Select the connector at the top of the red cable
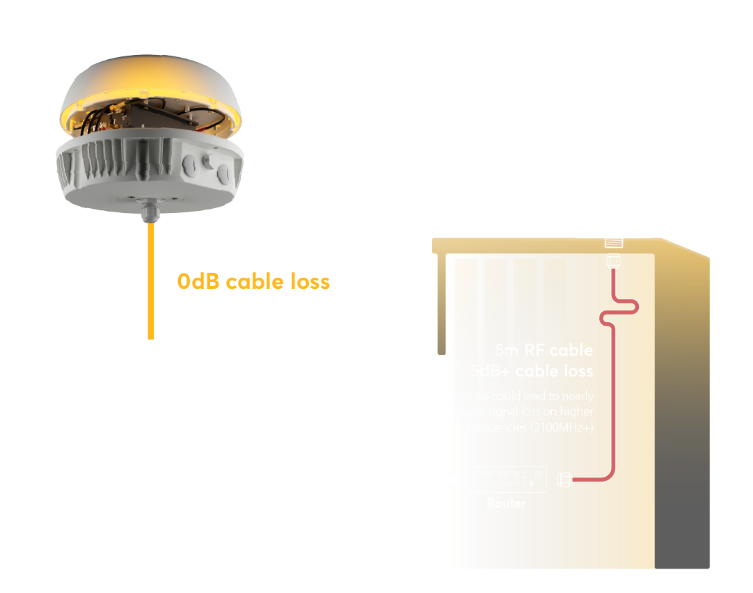point(613,261)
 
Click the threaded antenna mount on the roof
point(613,243)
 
